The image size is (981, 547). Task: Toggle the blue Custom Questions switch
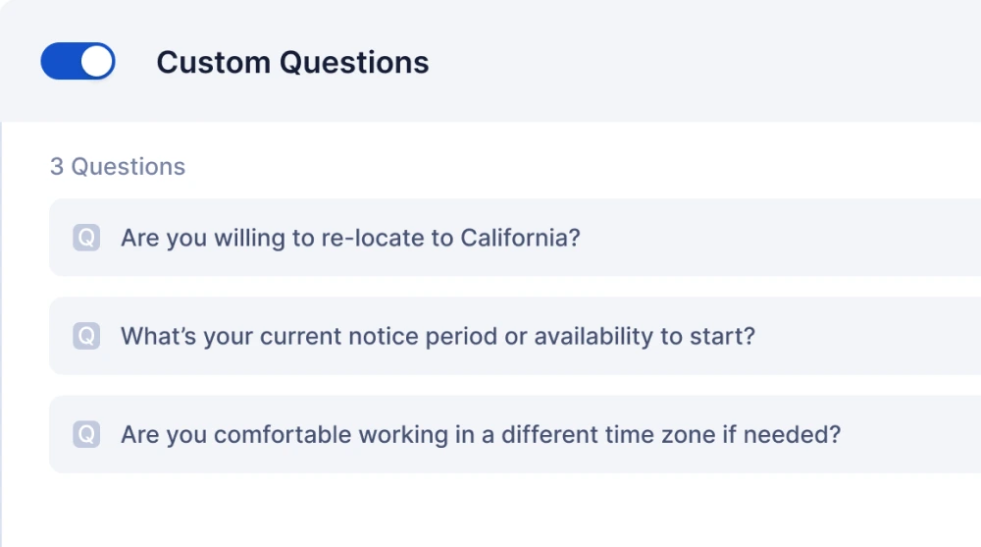[77, 62]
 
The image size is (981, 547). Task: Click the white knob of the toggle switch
[96, 62]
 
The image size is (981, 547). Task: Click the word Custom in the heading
[213, 63]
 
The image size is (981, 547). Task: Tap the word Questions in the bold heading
[354, 63]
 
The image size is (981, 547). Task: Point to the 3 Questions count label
[118, 167]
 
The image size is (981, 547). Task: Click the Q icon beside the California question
[86, 238]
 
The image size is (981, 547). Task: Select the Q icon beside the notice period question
[86, 336]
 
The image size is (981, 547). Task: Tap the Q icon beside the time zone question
[86, 434]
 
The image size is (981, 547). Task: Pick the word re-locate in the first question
[373, 238]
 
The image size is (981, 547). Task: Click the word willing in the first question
[249, 239]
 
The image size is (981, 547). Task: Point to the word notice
[383, 337]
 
